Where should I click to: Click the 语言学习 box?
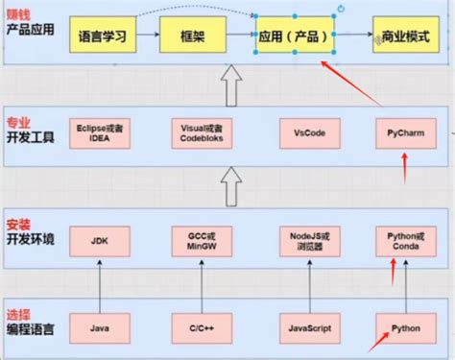(x=100, y=38)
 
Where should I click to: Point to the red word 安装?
(x=18, y=224)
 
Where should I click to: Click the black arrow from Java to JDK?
(x=100, y=283)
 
